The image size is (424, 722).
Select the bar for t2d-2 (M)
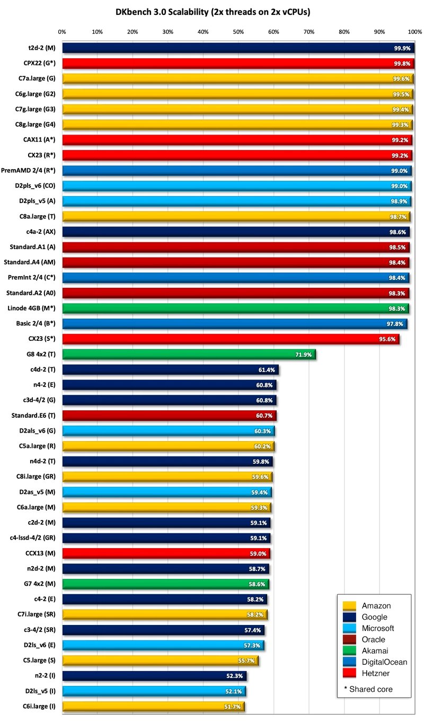point(238,48)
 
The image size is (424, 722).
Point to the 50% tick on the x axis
point(238,32)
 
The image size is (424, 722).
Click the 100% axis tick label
point(414,32)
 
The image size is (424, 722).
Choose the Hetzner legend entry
point(376,673)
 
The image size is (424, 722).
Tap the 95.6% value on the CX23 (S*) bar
point(387,339)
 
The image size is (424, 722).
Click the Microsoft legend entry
point(378,628)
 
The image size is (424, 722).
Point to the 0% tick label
point(62,32)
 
